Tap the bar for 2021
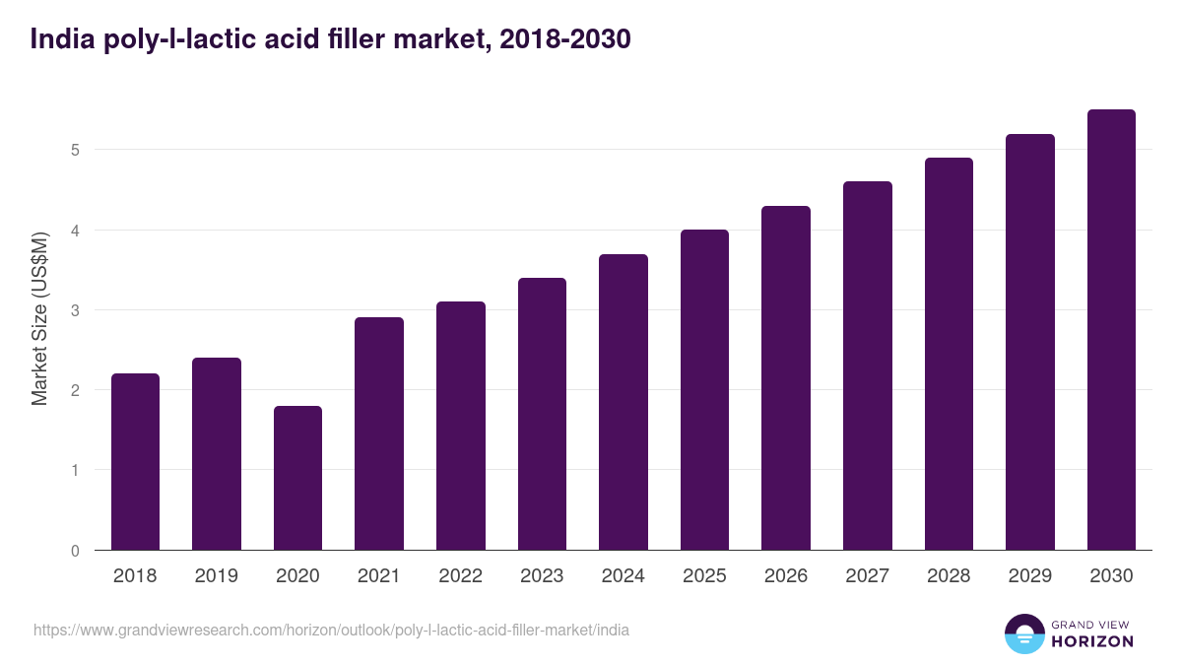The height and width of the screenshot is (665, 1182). (x=379, y=433)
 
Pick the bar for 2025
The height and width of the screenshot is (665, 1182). (x=704, y=389)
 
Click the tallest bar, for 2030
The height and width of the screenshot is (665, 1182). (x=1111, y=329)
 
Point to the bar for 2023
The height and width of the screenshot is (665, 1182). (x=542, y=414)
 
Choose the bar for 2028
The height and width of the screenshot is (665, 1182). (x=949, y=354)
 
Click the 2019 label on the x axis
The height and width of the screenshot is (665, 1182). (x=216, y=576)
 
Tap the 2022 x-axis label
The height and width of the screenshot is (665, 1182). (x=460, y=576)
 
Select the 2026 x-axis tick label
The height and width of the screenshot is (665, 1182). (x=785, y=576)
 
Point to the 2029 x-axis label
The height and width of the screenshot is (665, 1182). (x=1029, y=576)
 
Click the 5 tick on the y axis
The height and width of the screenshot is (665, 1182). (x=74, y=150)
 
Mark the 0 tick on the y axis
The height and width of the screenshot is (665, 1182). (x=74, y=550)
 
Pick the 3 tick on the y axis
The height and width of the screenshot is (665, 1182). (x=74, y=310)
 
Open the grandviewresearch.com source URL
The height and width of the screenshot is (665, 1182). (x=331, y=630)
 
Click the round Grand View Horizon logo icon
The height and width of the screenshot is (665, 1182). (x=1023, y=633)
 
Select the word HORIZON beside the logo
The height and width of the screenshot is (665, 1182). (x=1092, y=641)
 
